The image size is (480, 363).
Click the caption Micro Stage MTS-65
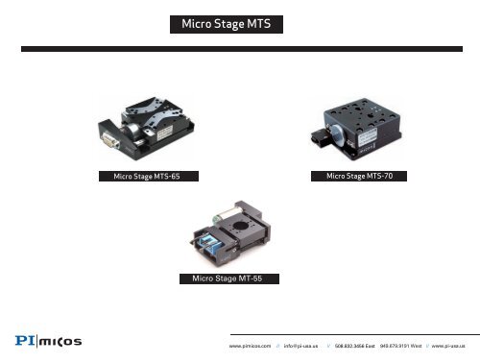144,178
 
